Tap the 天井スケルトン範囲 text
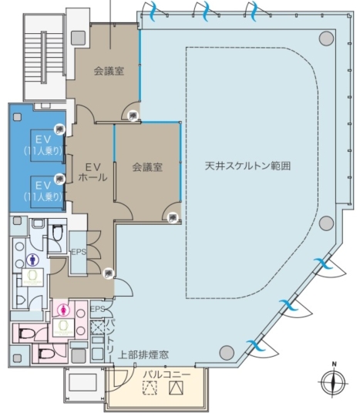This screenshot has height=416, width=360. [x=251, y=166]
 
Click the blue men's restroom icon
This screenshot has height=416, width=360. [x=32, y=260]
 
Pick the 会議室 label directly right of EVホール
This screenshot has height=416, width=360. [x=147, y=166]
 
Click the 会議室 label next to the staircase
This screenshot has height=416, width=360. [x=109, y=71]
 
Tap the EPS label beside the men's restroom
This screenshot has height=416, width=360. [x=79, y=252]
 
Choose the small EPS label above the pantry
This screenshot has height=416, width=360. [x=97, y=309]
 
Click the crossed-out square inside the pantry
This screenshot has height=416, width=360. [x=98, y=327]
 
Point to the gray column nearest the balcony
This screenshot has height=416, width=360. [x=226, y=352]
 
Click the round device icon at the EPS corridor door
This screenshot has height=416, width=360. [x=110, y=272]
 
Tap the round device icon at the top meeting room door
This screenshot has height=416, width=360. [x=134, y=116]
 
